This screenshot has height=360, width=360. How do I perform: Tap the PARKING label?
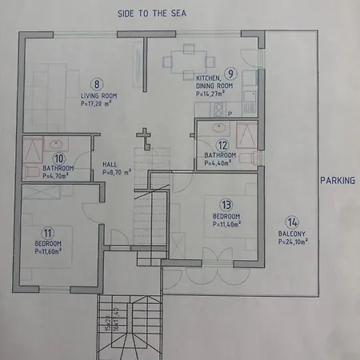338,181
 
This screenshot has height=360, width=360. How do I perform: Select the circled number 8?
98,83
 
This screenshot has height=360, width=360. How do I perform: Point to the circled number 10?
58,158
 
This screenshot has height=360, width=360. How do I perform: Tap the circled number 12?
223,145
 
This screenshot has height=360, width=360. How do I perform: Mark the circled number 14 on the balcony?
293,222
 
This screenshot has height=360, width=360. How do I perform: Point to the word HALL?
110,164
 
